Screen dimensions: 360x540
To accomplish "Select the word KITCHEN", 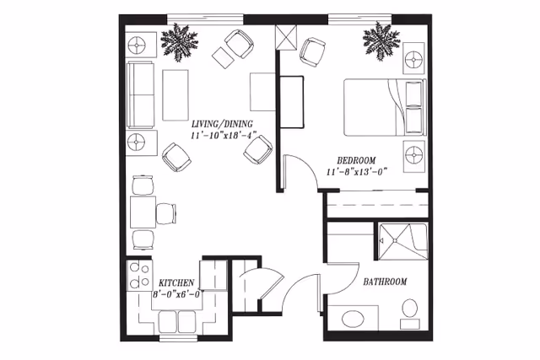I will [x=177, y=282].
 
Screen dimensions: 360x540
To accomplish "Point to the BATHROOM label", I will [x=385, y=282].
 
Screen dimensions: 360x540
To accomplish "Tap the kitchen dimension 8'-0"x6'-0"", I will [x=177, y=294].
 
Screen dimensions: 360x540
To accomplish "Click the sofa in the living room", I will [x=141, y=94].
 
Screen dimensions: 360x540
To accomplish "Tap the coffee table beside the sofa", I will [x=175, y=94].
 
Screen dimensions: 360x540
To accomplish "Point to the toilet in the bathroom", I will [x=410, y=312].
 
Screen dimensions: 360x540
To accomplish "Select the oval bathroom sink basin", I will [x=353, y=320].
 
